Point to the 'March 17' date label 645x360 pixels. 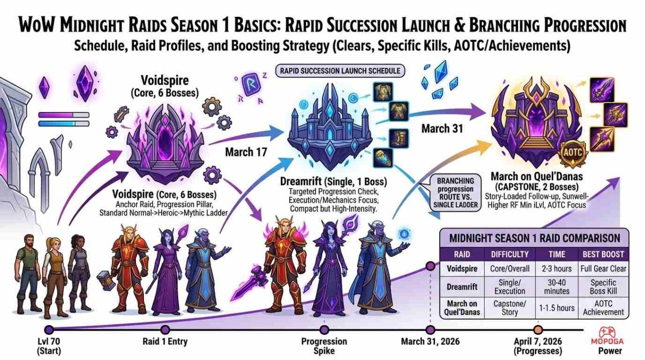click(x=247, y=152)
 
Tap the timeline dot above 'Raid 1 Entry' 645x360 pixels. click(x=165, y=329)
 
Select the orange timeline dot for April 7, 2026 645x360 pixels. click(x=537, y=330)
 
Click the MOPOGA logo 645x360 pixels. click(x=607, y=336)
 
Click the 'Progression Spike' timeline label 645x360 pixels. click(x=324, y=346)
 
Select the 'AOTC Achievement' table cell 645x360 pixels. click(x=603, y=308)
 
